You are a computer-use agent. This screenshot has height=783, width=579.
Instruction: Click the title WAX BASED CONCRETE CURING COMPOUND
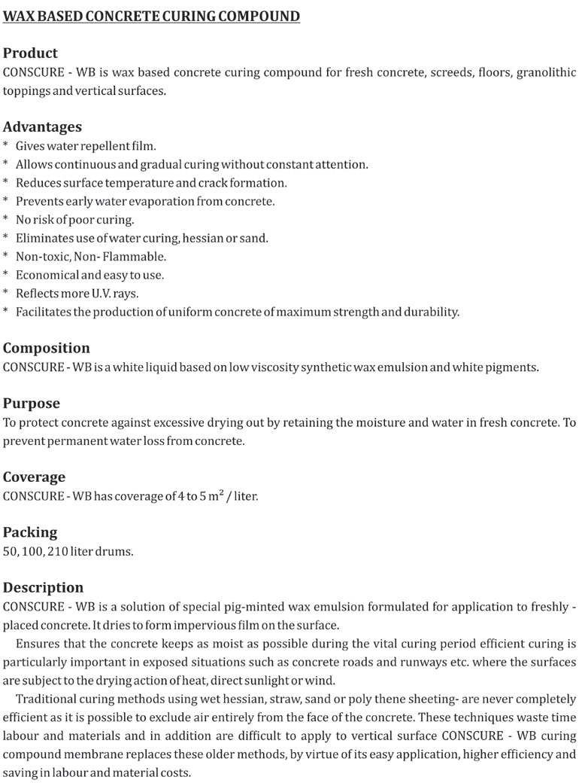[152, 16]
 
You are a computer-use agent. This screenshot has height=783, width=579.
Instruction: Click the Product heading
[30, 53]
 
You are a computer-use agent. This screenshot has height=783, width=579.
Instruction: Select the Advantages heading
[42, 126]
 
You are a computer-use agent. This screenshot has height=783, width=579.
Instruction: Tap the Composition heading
[47, 348]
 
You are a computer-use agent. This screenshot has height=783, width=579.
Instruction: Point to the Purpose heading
[32, 404]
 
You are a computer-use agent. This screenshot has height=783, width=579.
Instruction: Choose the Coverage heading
[35, 477]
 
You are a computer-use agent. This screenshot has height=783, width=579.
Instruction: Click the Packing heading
[30, 532]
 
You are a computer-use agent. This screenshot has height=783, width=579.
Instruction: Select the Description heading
[44, 587]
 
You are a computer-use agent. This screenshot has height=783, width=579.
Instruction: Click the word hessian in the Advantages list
[204, 238]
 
